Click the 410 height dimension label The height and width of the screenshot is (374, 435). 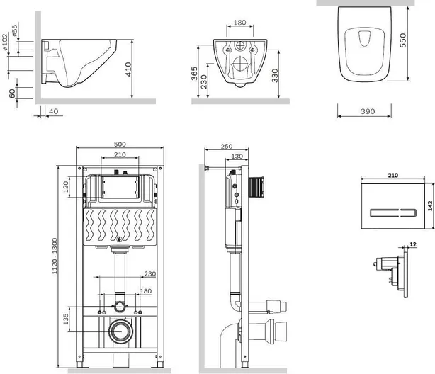click(x=128, y=69)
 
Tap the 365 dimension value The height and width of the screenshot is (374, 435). click(x=194, y=73)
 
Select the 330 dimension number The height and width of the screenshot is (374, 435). click(x=275, y=76)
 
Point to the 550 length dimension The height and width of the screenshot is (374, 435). click(x=403, y=40)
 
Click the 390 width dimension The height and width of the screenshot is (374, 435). click(x=368, y=111)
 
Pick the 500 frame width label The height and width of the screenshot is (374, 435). click(x=120, y=144)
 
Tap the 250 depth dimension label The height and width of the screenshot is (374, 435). click(x=227, y=146)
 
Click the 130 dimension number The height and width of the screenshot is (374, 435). click(x=237, y=157)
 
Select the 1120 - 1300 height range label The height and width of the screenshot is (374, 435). click(x=55, y=256)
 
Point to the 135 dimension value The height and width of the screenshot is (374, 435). click(x=66, y=319)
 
